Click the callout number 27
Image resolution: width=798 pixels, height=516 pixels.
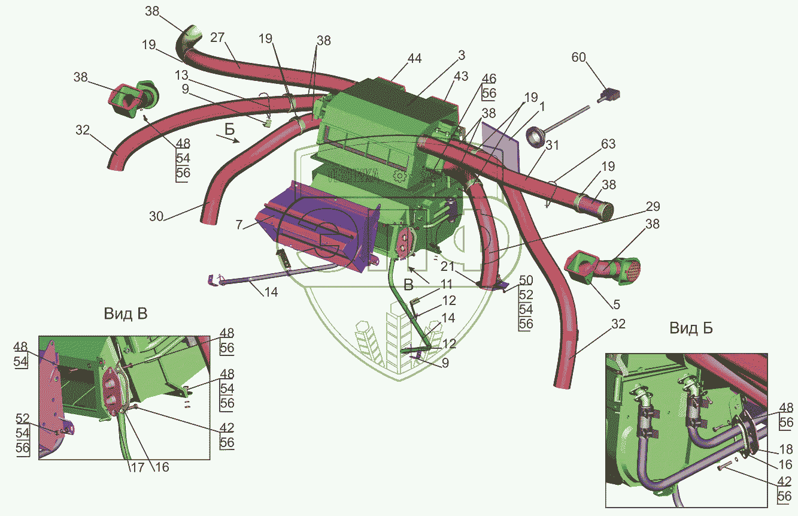click(x=217, y=37)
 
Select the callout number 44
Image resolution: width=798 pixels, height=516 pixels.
click(x=414, y=59)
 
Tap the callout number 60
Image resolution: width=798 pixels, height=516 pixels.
click(x=578, y=57)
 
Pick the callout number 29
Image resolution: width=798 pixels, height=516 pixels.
click(x=653, y=207)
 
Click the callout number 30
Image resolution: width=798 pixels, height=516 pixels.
click(x=156, y=216)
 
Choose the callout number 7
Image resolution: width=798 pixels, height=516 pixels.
click(x=239, y=225)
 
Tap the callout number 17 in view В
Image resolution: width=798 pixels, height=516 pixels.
click(x=137, y=467)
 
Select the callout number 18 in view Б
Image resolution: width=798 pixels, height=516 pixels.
click(x=786, y=449)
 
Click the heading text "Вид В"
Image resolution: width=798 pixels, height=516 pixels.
click(x=126, y=314)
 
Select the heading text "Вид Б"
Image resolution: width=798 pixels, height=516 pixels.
click(x=691, y=328)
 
